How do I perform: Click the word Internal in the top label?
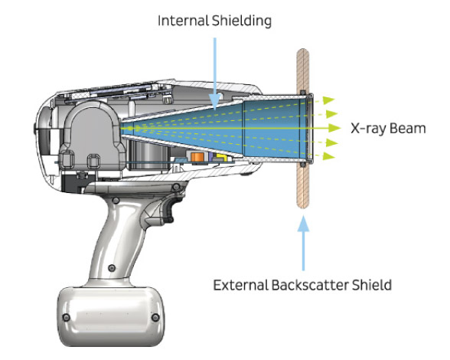pos(183,21)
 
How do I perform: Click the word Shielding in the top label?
pos(241,21)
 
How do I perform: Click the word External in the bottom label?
pos(240,285)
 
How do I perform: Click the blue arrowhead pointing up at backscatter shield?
pos(303,224)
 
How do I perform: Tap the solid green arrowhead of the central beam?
pos(334,128)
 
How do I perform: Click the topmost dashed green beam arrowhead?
pos(329,100)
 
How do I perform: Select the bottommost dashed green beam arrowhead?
pos(329,156)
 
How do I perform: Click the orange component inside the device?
pos(197,157)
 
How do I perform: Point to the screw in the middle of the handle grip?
pos(112,268)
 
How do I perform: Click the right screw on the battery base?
pos(155,317)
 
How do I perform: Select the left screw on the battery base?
pos(67,317)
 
